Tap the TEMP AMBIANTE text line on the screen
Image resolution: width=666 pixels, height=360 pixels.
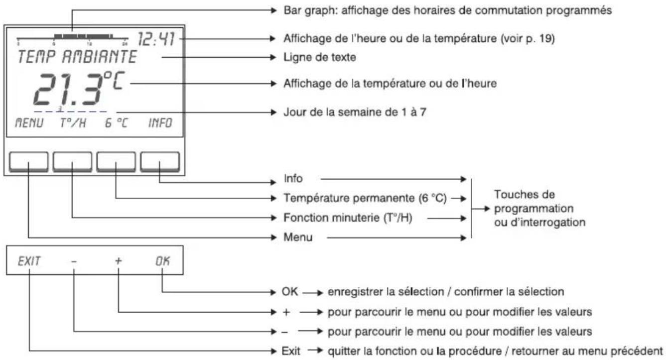[76, 57]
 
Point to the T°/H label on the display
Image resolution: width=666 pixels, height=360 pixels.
[73, 123]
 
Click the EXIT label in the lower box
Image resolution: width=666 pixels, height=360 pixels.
[30, 260]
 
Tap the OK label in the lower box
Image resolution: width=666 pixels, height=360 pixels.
[161, 260]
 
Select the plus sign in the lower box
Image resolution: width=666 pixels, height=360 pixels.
[118, 260]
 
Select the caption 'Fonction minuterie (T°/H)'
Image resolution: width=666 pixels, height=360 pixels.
[348, 218]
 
